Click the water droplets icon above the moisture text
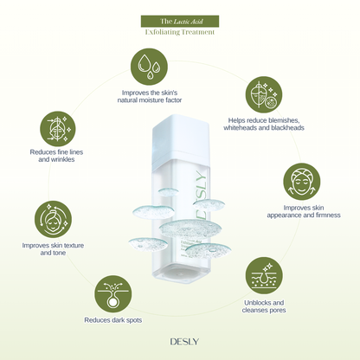[x=150, y=66]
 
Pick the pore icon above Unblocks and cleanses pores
[x=263, y=276]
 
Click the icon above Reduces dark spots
[x=113, y=295]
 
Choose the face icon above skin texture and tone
[x=52, y=220]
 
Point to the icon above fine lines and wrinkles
[x=57, y=128]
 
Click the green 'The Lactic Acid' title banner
[x=179, y=21]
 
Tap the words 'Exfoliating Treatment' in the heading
[x=179, y=33]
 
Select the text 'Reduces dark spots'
[x=113, y=320]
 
